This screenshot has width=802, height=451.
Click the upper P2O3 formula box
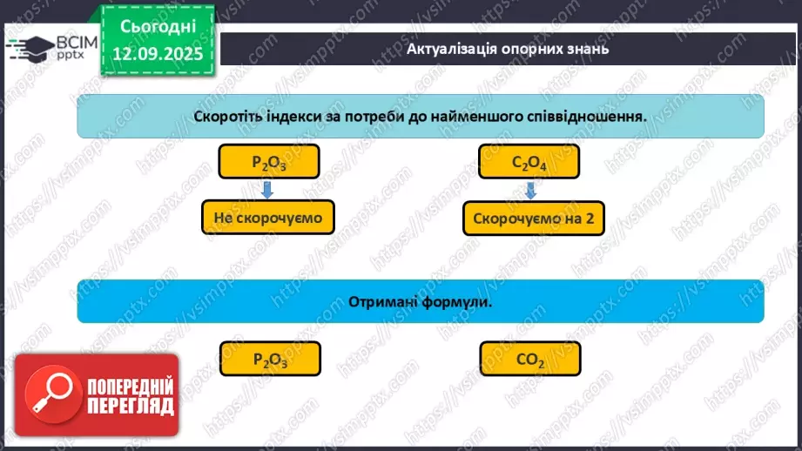pyautogui.click(x=269, y=162)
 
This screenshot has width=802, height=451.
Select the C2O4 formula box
pyautogui.click(x=529, y=162)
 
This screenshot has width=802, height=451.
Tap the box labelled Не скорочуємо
pyautogui.click(x=268, y=218)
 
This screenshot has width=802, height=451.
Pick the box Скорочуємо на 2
pyautogui.click(x=533, y=219)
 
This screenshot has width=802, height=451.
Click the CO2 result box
pyautogui.click(x=529, y=359)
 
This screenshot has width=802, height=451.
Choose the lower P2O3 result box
pyautogui.click(x=270, y=359)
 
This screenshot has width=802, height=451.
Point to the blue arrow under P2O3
pyautogui.click(x=268, y=189)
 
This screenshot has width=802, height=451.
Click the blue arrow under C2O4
pyautogui.click(x=529, y=189)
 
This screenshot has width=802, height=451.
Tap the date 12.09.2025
pyautogui.click(x=157, y=54)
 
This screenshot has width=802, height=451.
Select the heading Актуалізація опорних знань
pyautogui.click(x=507, y=48)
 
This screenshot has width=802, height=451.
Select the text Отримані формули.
pyautogui.click(x=421, y=300)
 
